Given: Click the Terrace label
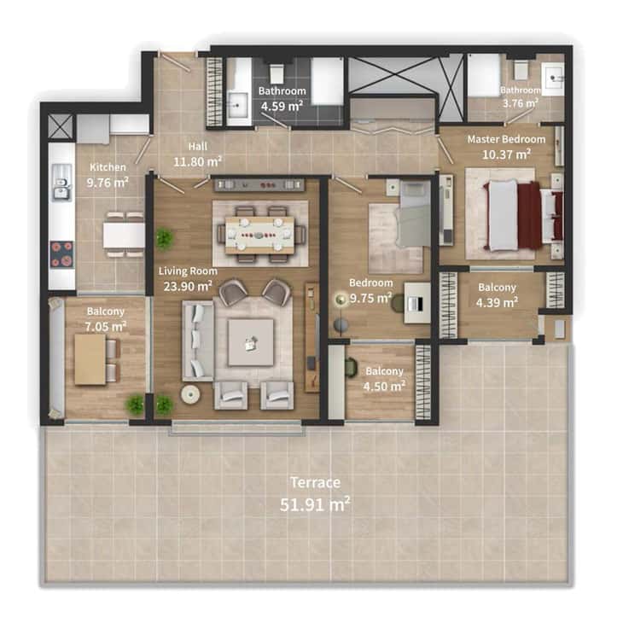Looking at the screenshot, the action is pos(315,482).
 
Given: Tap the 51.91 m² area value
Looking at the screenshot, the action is pos(315,504).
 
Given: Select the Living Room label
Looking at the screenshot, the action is pos(188,271).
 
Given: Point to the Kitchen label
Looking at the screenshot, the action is pos(108,167).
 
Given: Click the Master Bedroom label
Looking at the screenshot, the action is pos(506,139).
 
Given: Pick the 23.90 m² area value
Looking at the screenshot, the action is pos(188,286).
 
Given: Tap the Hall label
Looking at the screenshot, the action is pos(197,147).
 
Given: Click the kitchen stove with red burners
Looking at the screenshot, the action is pos(61,254).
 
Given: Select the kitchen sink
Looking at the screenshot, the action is pos(62,183).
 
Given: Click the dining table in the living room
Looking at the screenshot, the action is pos(259,235).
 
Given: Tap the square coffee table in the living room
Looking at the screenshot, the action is pos(251,343).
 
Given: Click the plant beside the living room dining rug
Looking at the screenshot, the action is pos(164,239).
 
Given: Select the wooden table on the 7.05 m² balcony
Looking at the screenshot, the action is pos(90,359).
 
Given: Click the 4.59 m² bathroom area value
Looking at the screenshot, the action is pos(282,107).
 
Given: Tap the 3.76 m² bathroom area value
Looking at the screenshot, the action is pos(520,103).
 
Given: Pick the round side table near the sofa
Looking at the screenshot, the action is pos(190,394).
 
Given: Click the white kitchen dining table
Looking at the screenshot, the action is pos(125,236).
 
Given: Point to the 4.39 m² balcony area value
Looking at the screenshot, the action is pos(497,303).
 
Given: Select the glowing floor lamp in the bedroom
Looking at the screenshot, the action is pos(341,300).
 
